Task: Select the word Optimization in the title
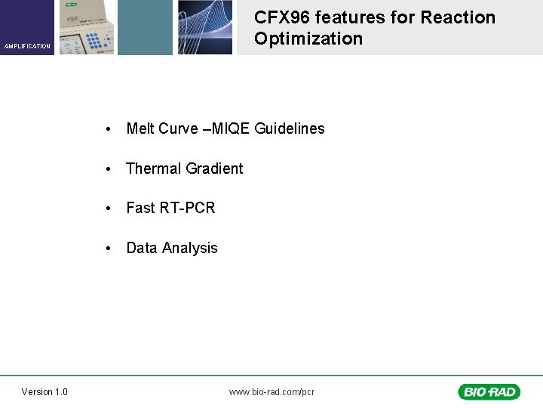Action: pyautogui.click(x=308, y=39)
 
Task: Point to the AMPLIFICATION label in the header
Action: pyautogui.click(x=27, y=46)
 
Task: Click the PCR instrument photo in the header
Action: pyautogui.click(x=87, y=27)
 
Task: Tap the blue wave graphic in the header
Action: pyautogui.click(x=204, y=27)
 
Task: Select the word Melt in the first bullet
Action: pyautogui.click(x=140, y=128)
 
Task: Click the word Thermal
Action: pyautogui.click(x=153, y=168)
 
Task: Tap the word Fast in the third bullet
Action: pyautogui.click(x=140, y=208)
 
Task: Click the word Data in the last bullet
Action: pyautogui.click(x=141, y=248)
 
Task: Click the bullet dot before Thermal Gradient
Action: pyautogui.click(x=110, y=169)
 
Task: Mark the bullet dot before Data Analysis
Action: pyautogui.click(x=110, y=249)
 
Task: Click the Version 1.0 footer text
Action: pyautogui.click(x=44, y=391)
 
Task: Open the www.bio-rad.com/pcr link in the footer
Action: pyautogui.click(x=271, y=391)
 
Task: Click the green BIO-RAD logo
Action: pyautogui.click(x=488, y=391)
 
